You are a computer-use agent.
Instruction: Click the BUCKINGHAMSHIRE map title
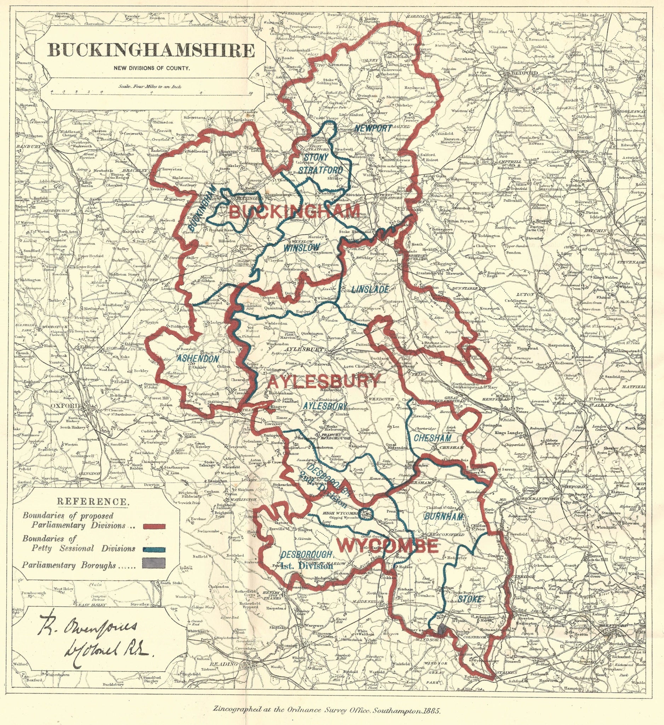click(151, 50)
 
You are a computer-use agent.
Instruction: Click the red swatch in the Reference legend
click(154, 527)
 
